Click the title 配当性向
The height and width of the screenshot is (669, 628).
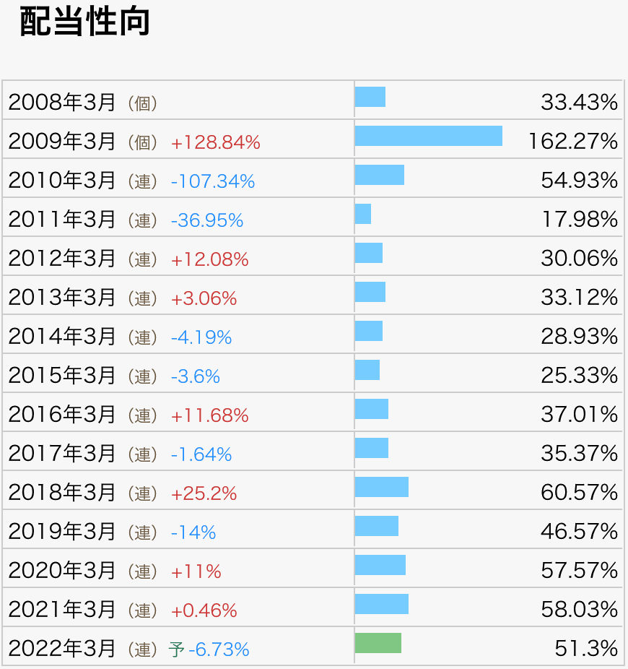click(x=84, y=22)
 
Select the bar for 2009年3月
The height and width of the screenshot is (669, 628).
click(x=428, y=136)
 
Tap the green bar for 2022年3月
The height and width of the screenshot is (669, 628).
click(x=378, y=643)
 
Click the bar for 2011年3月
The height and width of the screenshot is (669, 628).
click(x=363, y=214)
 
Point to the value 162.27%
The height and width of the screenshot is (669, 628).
click(x=573, y=142)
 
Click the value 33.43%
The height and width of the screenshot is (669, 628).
click(x=579, y=103)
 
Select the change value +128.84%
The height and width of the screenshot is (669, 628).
click(x=215, y=142)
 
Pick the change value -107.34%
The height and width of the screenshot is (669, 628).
click(x=213, y=181)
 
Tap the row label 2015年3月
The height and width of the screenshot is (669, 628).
click(x=62, y=376)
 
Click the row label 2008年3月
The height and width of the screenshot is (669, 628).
click(x=62, y=103)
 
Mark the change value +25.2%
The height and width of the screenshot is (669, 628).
click(x=204, y=493)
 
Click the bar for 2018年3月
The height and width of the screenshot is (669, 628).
click(x=381, y=487)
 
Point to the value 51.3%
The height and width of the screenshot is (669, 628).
click(x=586, y=649)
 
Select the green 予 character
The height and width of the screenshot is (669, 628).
click(x=176, y=649)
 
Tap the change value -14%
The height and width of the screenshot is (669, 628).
click(x=193, y=532)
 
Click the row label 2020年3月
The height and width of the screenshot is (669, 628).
click(x=62, y=571)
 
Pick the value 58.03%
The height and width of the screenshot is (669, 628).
click(x=579, y=610)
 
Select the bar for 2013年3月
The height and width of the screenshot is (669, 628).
click(x=370, y=292)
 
